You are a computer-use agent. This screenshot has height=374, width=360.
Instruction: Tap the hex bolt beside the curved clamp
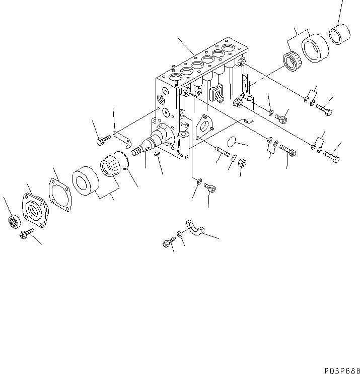tap(168, 244)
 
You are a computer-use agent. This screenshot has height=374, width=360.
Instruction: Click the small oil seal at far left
tap(14, 221)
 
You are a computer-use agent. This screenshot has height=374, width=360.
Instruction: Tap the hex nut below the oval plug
tap(241, 163)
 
